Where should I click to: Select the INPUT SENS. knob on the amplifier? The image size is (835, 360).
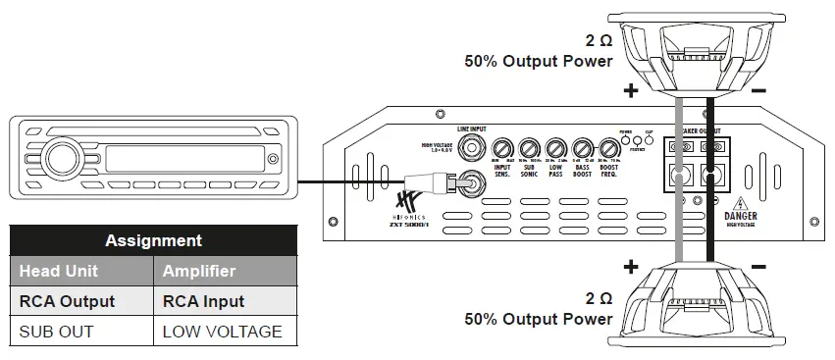tap(503, 149)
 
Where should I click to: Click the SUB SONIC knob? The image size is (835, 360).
tap(530, 149)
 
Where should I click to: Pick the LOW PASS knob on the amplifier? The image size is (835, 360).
tap(555, 149)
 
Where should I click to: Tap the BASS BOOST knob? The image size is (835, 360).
tap(582, 149)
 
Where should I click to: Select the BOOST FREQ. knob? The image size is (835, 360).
tap(608, 149)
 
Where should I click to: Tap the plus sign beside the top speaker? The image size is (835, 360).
tap(630, 92)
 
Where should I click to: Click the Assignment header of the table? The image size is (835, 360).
tap(153, 240)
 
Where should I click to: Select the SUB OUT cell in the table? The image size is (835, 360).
tap(56, 332)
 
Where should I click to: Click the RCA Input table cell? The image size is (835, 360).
tap(203, 301)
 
